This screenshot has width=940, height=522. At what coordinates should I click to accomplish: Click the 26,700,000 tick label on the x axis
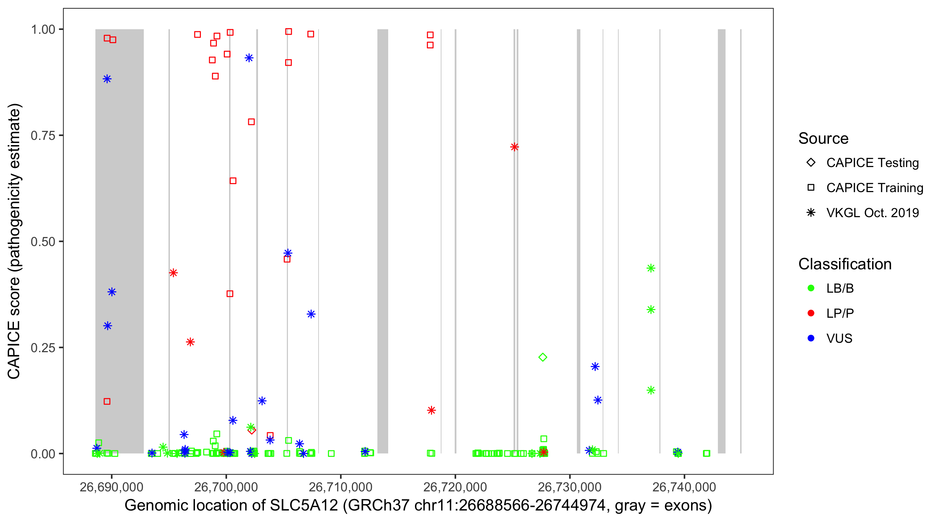tap(226, 487)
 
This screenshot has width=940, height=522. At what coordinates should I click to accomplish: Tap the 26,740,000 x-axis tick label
tap(684, 487)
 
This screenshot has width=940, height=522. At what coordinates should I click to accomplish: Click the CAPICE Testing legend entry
tap(872, 163)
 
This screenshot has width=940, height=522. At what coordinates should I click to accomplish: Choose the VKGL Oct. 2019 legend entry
tap(872, 213)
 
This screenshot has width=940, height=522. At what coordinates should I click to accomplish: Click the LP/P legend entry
tap(840, 313)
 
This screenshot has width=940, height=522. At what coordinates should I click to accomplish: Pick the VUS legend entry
tap(839, 339)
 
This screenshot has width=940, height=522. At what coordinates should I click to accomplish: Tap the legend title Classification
tap(844, 264)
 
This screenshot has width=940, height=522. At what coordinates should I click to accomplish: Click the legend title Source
tap(823, 139)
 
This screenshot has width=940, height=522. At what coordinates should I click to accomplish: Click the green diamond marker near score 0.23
tap(543, 357)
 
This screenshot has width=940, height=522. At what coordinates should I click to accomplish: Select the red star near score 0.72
tap(515, 147)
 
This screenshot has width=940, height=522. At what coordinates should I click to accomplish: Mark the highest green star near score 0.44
tap(651, 268)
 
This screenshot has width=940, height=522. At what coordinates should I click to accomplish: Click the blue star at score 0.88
tap(107, 79)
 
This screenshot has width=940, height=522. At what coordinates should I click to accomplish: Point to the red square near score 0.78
tap(251, 122)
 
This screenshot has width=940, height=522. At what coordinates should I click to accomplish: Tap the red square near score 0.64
tap(233, 181)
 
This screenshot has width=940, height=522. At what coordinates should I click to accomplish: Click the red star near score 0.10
tap(431, 410)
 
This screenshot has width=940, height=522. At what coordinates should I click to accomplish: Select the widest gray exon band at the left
tap(119, 241)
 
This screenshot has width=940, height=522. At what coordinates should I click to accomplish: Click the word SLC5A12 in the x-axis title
tap(304, 506)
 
